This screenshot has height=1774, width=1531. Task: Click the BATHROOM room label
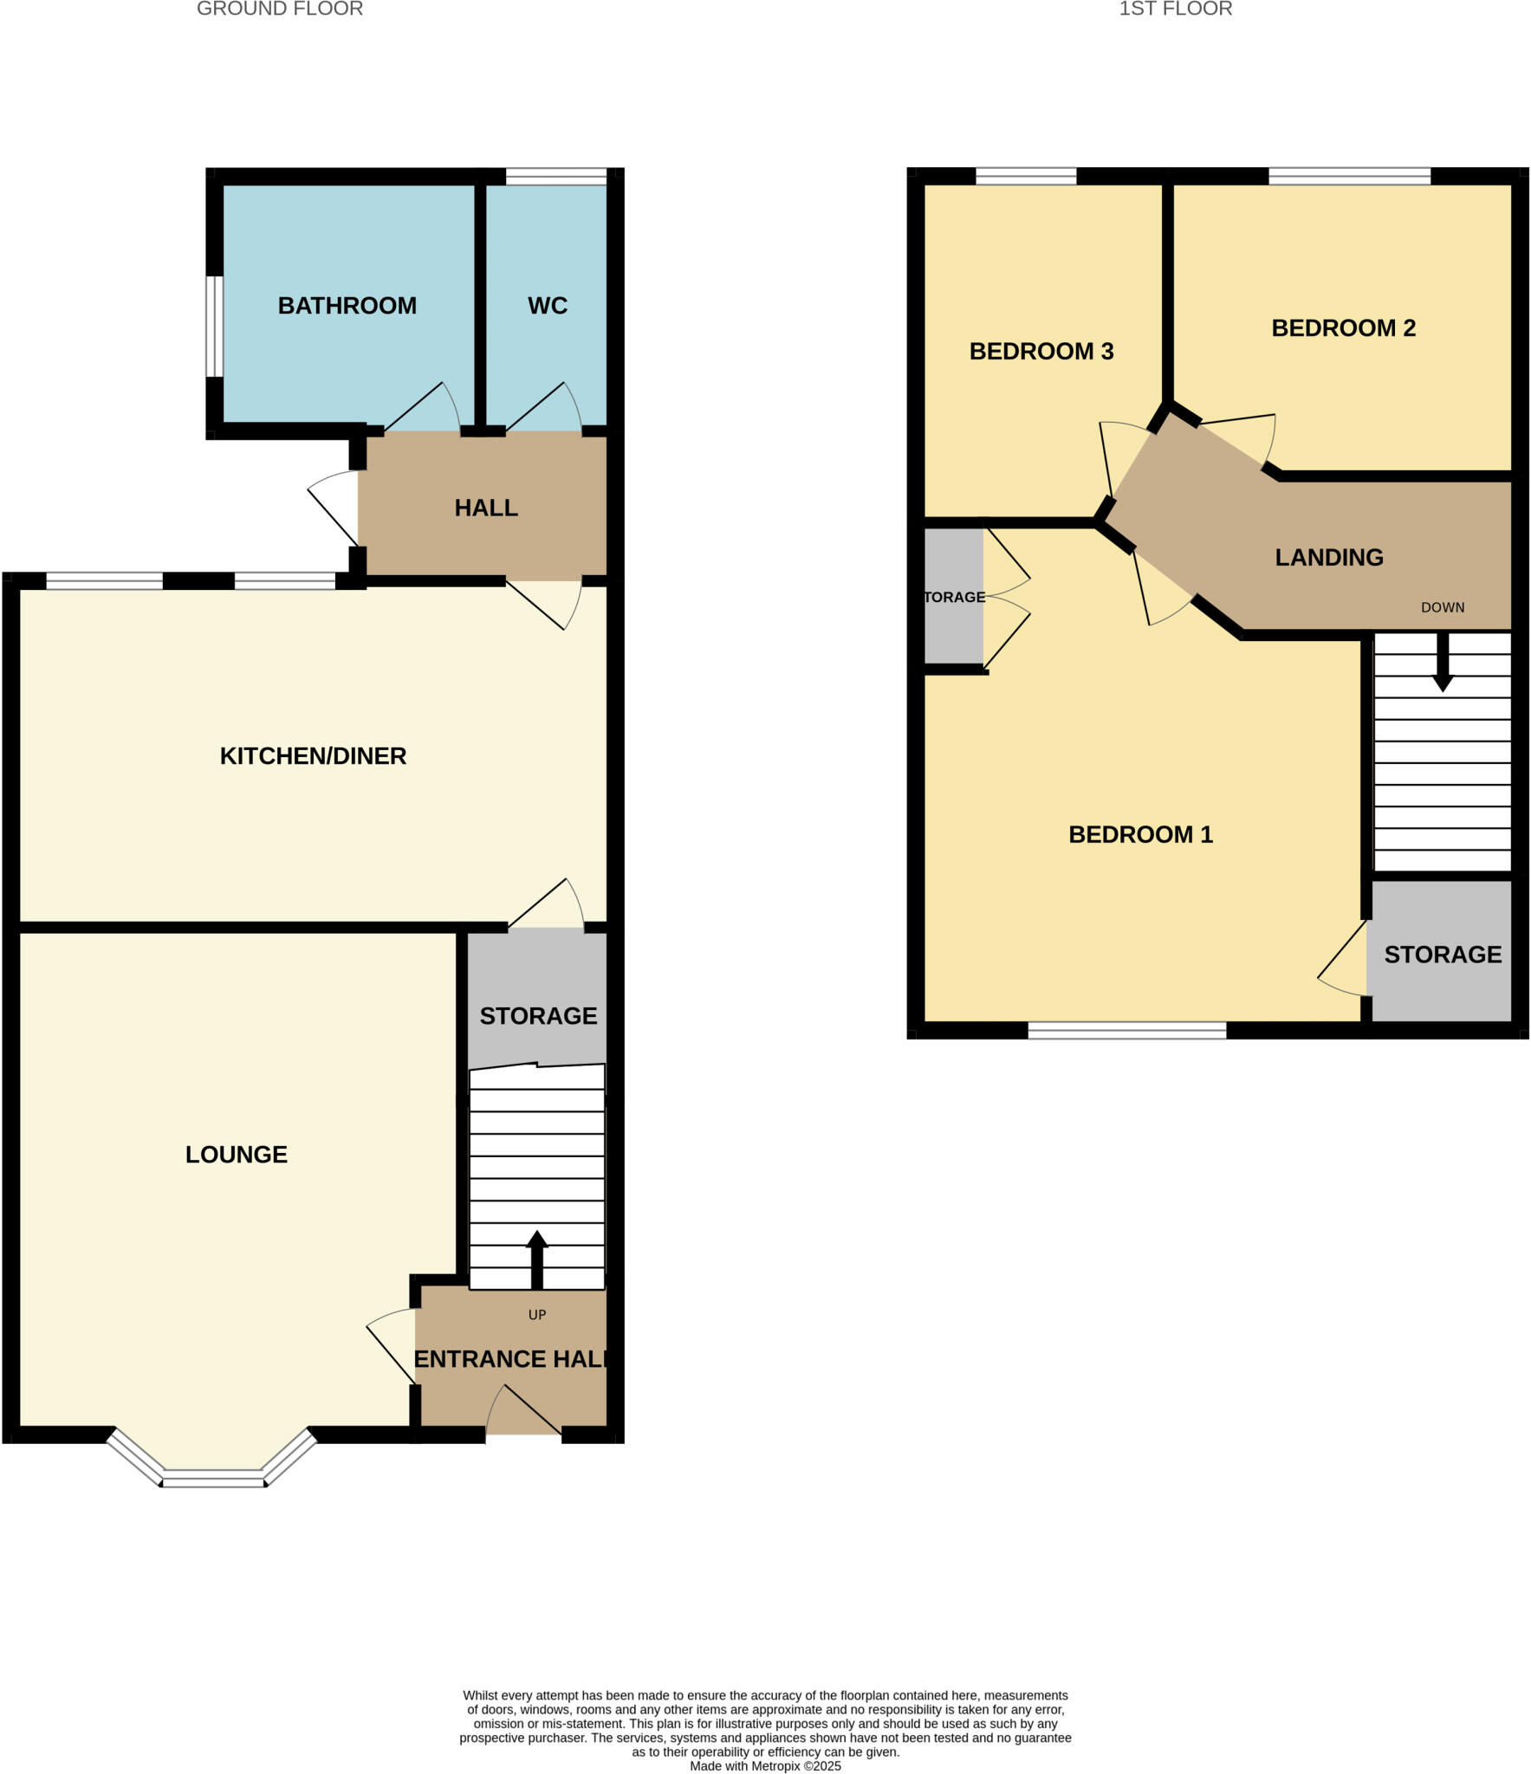(347, 306)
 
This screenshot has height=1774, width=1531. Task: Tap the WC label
(547, 306)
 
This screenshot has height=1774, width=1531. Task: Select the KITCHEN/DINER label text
(313, 756)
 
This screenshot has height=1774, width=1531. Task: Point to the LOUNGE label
(236, 1155)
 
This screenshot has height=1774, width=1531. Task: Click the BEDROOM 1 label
(1140, 835)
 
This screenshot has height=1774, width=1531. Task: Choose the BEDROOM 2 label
(1343, 328)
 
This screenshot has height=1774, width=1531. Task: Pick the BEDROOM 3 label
(1041, 352)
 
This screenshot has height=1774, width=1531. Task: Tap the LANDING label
(1328, 558)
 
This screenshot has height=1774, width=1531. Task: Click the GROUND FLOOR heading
(279, 10)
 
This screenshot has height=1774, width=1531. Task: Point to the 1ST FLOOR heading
(1175, 10)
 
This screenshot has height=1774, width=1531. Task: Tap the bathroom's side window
(214, 327)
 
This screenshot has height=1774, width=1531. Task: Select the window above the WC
(556, 177)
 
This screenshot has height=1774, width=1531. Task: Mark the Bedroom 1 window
(1126, 1030)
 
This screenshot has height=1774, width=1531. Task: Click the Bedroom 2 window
(1349, 177)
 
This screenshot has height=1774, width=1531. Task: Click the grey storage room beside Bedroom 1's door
(1442, 955)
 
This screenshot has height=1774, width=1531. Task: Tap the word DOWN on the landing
(1442, 608)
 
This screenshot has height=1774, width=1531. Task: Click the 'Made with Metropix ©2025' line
(765, 1765)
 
